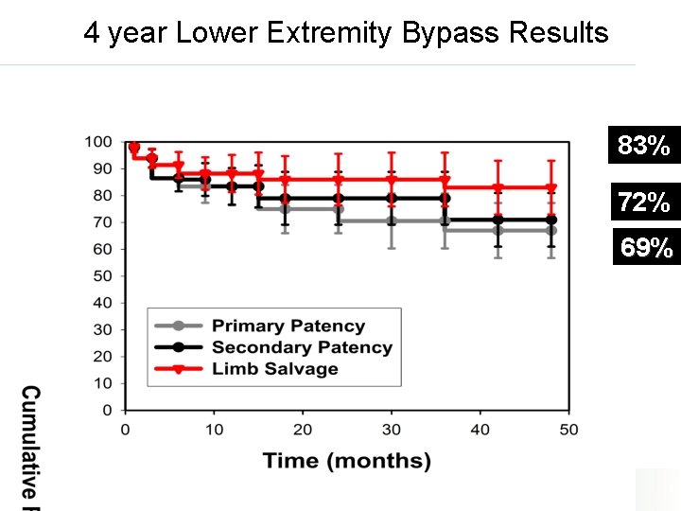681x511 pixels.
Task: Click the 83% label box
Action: (x=644, y=146)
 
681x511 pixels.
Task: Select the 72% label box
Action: (x=644, y=202)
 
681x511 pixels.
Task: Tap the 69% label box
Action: (x=647, y=248)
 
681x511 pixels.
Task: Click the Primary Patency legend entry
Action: (x=288, y=326)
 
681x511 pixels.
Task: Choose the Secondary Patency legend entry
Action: (x=301, y=347)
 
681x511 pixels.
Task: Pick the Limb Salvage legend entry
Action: (x=274, y=369)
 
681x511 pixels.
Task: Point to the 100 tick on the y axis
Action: (x=99, y=142)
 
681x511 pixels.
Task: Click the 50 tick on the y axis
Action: (x=103, y=276)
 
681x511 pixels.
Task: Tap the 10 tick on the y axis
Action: (x=103, y=383)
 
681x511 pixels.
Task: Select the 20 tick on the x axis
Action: (x=303, y=430)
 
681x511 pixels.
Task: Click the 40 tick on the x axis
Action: (x=480, y=430)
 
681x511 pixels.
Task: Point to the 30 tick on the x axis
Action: (x=392, y=430)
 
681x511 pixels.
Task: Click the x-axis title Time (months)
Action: (x=346, y=461)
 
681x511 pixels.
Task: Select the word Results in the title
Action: (x=558, y=33)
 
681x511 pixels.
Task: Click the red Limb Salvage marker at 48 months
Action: (x=551, y=187)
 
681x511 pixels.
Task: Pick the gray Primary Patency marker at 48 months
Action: (x=551, y=230)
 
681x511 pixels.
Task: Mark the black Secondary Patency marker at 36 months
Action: (x=445, y=199)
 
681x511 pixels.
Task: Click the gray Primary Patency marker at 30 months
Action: (x=392, y=220)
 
